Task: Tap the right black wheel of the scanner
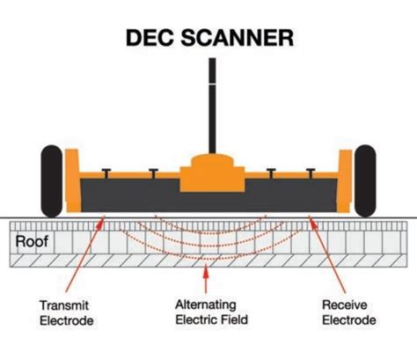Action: click(364, 182)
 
